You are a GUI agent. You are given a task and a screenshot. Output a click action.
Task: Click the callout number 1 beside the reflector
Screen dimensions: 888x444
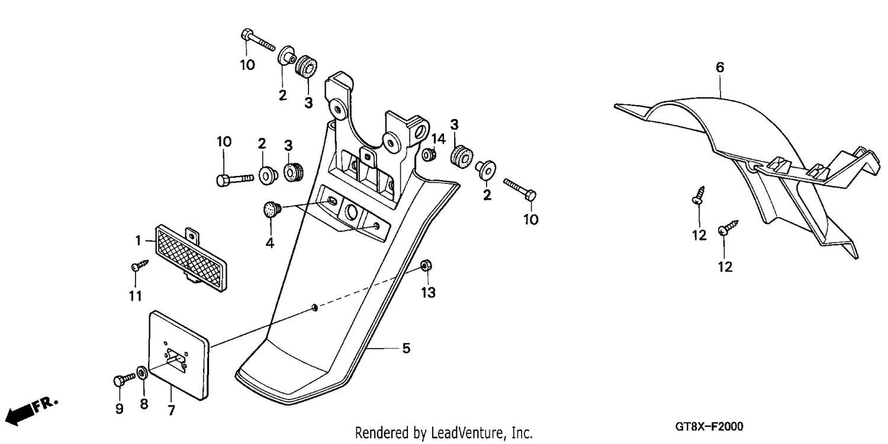138,241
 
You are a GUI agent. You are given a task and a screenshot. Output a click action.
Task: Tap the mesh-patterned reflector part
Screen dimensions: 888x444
191,258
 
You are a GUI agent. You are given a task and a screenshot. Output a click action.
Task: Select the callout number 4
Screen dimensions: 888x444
269,243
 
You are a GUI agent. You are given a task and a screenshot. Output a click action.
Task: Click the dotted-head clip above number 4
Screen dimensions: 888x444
272,209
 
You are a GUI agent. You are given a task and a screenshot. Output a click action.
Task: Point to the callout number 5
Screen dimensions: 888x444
406,349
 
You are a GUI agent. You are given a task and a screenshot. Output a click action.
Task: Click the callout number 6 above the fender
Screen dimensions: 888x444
720,68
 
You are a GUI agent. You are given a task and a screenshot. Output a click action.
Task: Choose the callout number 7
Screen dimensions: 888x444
171,410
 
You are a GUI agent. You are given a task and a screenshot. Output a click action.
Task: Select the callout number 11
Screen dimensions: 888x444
135,296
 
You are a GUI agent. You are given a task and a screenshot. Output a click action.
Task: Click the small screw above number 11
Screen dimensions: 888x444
140,265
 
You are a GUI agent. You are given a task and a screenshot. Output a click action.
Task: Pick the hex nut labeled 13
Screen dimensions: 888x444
426,265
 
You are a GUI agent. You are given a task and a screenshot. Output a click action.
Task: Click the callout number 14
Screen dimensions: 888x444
439,139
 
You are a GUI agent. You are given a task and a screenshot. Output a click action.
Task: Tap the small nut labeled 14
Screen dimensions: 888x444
429,155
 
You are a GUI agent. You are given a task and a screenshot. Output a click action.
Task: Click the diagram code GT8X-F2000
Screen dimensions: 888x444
709,427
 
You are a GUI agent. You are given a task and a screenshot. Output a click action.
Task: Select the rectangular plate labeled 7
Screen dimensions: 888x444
179,356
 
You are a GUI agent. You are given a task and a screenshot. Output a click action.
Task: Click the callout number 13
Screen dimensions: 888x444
428,293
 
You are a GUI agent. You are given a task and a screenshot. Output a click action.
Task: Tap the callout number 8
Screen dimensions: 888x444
144,404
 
